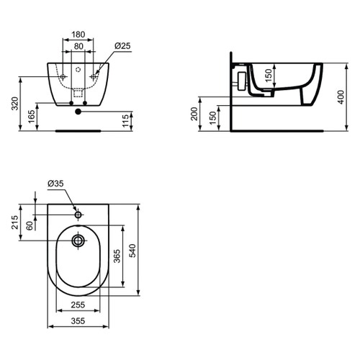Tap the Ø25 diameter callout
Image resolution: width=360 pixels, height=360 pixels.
pyautogui.click(x=122, y=46)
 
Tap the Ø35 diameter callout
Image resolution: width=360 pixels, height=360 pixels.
pyautogui.click(x=56, y=184)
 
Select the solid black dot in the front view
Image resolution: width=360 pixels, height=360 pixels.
pyautogui.click(x=78, y=110)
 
